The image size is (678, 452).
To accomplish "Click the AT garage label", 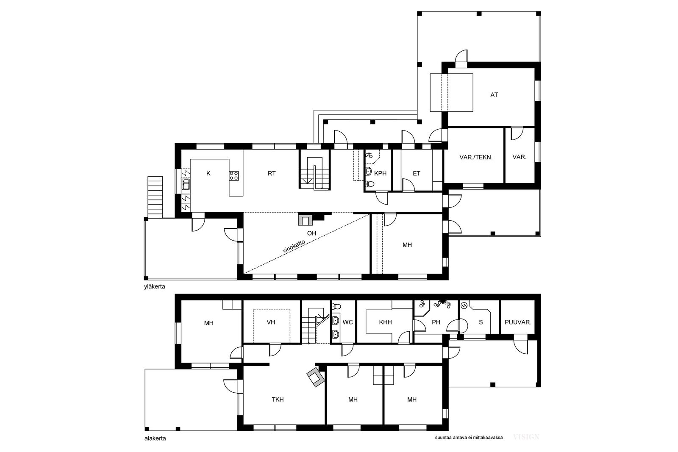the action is tap(494, 95).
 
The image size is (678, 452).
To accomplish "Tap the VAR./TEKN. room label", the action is tap(476, 157).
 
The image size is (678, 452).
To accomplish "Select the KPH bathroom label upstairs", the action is tap(380, 173).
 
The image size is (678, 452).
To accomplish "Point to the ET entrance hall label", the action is tap(417, 173).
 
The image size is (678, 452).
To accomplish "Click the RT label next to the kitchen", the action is tap(272, 173).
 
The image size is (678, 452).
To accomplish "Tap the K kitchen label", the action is tap(208, 173).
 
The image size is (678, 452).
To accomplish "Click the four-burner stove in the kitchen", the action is tap(234, 176).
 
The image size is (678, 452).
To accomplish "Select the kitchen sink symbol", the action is tap(186, 184).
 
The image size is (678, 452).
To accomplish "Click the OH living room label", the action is tap(311, 233).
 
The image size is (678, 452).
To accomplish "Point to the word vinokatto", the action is tap(294, 246).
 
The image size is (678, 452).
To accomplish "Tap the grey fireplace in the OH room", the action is tap(305, 220).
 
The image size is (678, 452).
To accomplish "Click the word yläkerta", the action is tap(155, 287).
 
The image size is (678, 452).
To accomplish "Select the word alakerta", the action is tap(155, 438).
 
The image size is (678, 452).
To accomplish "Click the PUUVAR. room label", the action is tap(518, 322).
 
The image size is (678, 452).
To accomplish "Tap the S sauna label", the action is tap(481, 322).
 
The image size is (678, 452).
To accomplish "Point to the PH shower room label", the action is tap(436, 322).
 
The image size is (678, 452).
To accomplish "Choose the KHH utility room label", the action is tap(385, 322).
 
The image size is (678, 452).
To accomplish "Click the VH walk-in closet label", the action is tap(271, 322).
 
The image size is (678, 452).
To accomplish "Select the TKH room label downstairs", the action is tap(278, 399).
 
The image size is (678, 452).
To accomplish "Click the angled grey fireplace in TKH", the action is tap(316, 377).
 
